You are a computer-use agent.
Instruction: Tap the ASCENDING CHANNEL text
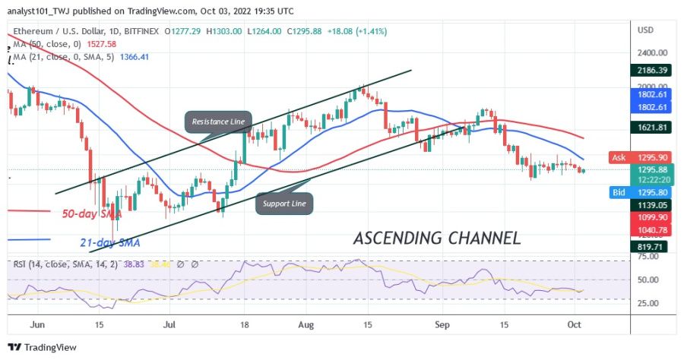point(437,238)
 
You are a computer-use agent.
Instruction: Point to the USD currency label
point(647,30)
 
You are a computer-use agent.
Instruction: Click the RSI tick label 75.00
point(648,257)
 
